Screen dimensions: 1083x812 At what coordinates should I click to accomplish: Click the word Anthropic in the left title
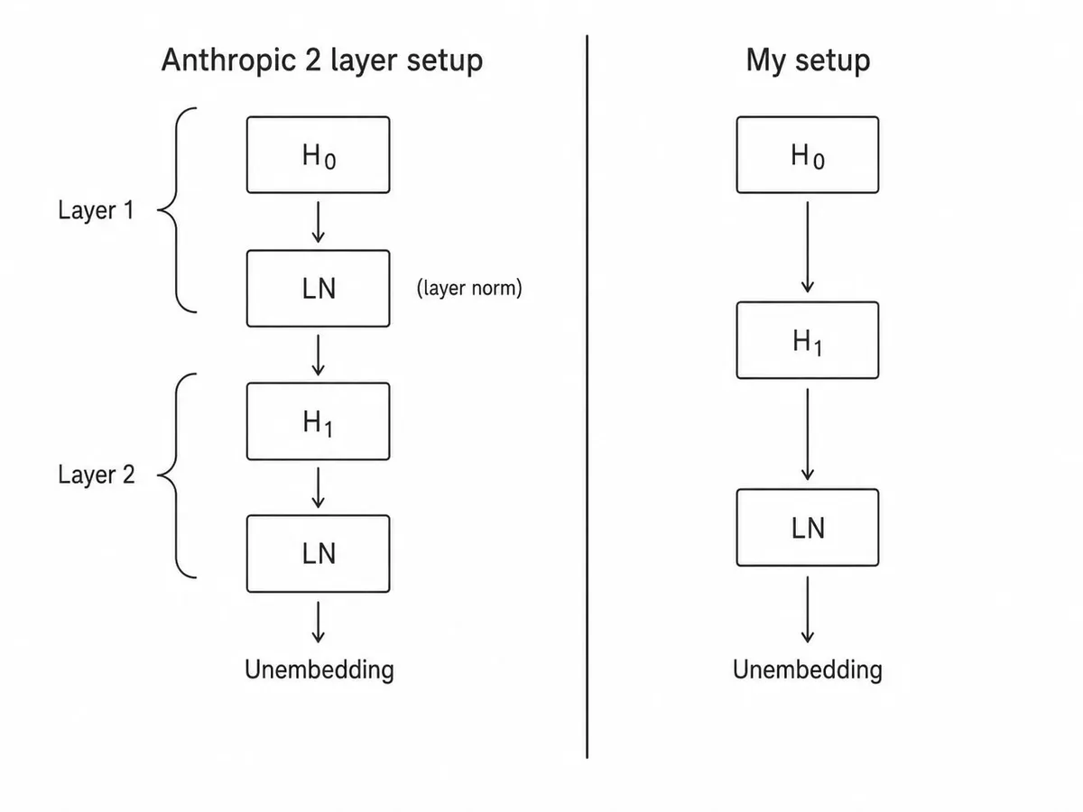228,60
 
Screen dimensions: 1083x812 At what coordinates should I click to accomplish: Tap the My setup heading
808,60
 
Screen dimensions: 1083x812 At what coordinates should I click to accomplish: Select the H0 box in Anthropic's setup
319,155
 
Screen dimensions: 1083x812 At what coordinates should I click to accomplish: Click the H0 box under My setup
808,155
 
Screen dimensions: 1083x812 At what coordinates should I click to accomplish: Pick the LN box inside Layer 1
319,289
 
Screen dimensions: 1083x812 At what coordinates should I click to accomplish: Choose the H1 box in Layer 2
319,421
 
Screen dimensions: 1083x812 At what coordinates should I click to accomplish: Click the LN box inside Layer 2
319,554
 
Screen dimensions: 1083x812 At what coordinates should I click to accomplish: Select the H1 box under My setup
808,340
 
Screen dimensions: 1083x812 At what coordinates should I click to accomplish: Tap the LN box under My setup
808,528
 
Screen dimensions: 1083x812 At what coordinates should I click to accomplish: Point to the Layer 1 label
97,210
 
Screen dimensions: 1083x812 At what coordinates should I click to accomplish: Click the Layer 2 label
97,475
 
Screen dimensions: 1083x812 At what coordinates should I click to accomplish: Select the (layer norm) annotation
469,288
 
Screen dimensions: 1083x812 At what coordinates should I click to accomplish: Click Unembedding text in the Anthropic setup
319,670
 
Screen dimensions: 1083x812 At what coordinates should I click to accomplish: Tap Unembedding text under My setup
808,670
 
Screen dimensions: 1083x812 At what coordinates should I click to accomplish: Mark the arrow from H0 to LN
319,222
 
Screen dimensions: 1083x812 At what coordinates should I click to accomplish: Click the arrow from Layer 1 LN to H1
319,355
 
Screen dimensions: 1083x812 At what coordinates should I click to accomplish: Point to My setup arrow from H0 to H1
808,247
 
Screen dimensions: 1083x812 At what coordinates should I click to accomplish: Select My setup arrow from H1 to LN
808,434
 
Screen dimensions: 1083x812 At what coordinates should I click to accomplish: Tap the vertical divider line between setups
588,397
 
